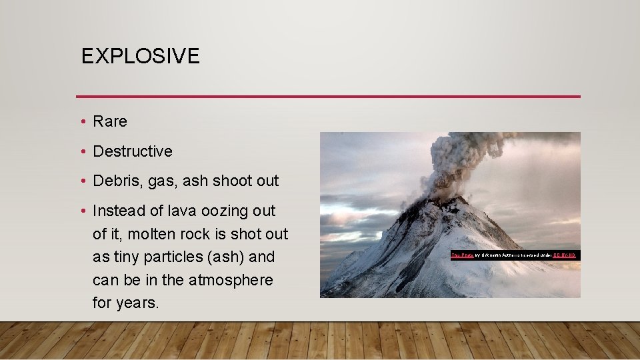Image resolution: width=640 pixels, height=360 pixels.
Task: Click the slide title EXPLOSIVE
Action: click(x=140, y=56)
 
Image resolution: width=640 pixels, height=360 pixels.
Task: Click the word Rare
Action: click(x=110, y=121)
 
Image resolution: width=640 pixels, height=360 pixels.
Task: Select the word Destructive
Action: click(x=133, y=151)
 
